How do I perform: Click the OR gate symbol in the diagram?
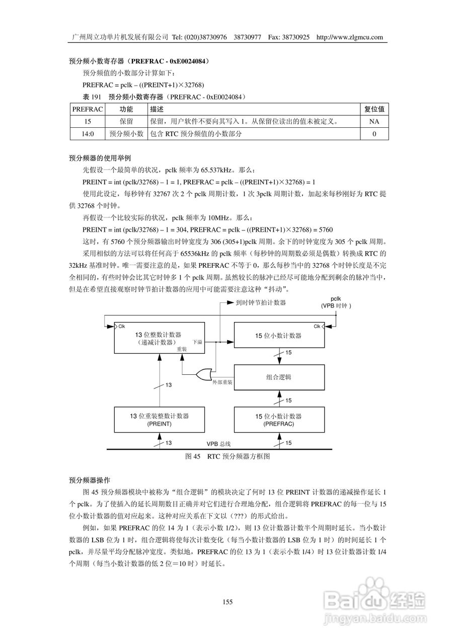(204, 374)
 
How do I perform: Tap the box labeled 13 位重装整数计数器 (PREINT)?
(159, 420)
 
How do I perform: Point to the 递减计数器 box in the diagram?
(159, 338)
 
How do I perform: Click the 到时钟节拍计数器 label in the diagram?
(261, 303)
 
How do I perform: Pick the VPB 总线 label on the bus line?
(218, 444)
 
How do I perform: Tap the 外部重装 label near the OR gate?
(222, 382)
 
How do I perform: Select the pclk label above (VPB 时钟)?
(336, 299)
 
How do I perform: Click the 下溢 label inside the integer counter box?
(197, 342)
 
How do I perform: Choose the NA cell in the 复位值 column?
(373, 122)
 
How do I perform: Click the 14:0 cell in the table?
(88, 134)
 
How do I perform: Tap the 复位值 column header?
(374, 109)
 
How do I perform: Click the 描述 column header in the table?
(157, 109)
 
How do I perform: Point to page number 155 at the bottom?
(227, 602)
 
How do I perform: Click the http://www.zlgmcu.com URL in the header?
(350, 37)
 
